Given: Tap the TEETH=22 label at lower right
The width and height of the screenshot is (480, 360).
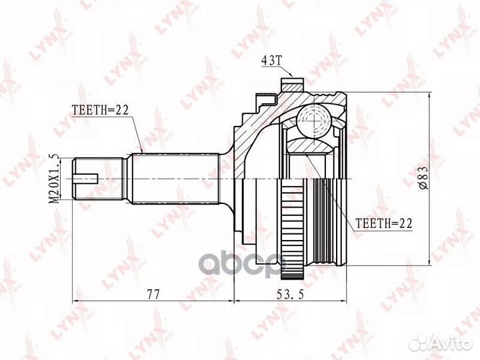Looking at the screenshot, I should [385, 225].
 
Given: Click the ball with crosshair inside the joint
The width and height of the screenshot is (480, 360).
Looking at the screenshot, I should [314, 122].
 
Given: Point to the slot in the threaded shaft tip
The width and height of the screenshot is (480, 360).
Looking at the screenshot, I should [89, 179].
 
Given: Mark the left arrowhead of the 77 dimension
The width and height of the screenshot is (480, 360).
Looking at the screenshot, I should [75, 304].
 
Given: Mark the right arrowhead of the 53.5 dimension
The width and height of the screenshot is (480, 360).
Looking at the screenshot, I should [345, 304].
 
